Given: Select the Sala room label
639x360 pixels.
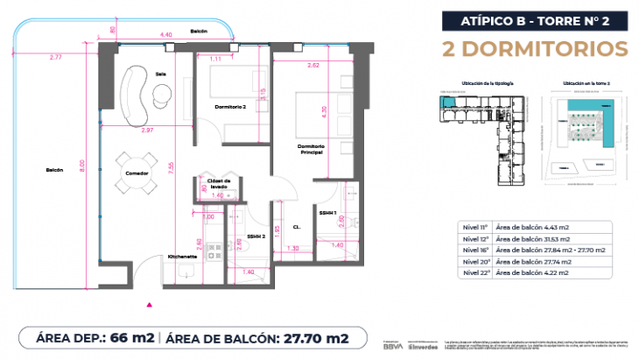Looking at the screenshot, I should coord(160,74).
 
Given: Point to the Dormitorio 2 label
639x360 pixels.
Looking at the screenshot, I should coord(231,107).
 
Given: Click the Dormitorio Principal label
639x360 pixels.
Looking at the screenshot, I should coord(311,149).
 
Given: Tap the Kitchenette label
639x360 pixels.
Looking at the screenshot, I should coord(184,257).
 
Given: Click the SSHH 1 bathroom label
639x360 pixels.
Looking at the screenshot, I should coord(328,213).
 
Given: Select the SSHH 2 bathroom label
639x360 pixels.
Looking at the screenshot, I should coord(256,236).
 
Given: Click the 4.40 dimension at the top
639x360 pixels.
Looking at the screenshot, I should coord(165,34).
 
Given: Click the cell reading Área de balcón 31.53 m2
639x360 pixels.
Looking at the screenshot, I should coord(533,239).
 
